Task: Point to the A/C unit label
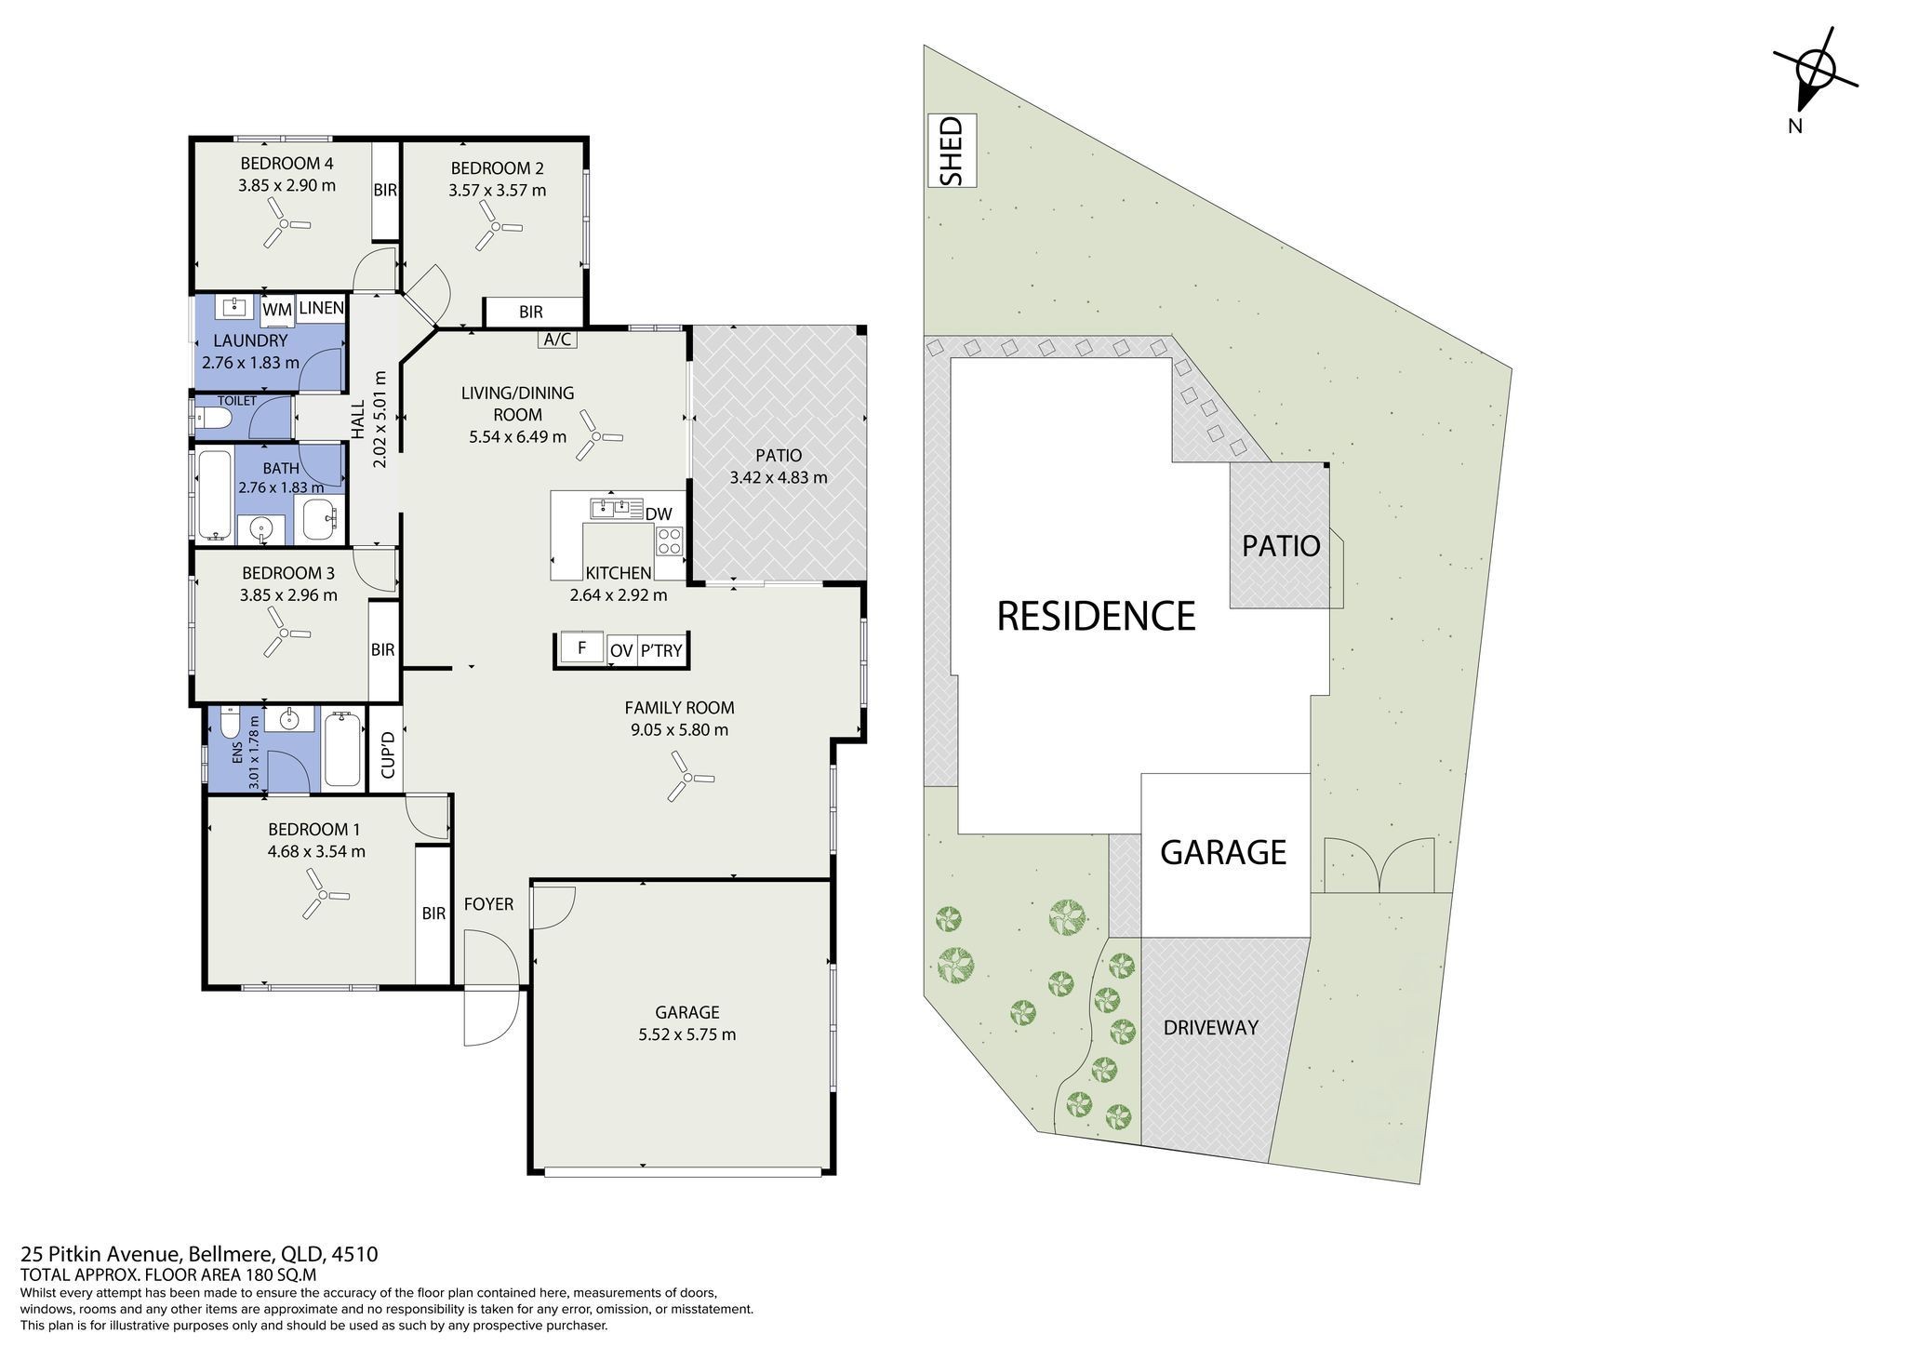[x=557, y=340]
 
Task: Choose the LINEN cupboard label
[x=322, y=308]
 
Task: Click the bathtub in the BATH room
[x=214, y=496]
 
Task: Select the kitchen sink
[x=617, y=508]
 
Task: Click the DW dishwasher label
[x=659, y=513]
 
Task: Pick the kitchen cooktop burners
[x=670, y=540]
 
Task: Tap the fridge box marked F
[x=582, y=647]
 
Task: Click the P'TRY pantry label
[x=661, y=651]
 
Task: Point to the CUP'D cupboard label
[x=388, y=754]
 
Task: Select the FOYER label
[x=488, y=903]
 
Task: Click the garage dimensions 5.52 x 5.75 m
[x=687, y=1034]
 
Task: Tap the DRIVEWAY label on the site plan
[x=1210, y=1028]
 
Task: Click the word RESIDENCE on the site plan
[x=1096, y=616]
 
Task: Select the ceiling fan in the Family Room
[x=689, y=778]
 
